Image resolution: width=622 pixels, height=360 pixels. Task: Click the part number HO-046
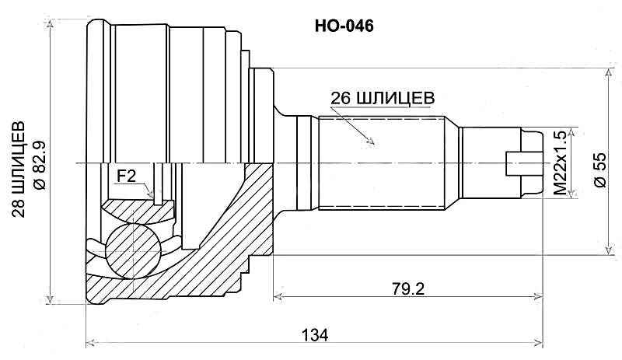click(343, 26)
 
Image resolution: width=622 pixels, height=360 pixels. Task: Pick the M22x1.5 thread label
click(559, 164)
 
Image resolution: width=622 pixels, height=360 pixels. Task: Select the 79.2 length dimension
click(407, 288)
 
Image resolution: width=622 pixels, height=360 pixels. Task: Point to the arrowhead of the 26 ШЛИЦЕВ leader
click(372, 143)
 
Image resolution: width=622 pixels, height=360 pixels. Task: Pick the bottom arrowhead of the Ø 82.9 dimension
click(51, 301)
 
